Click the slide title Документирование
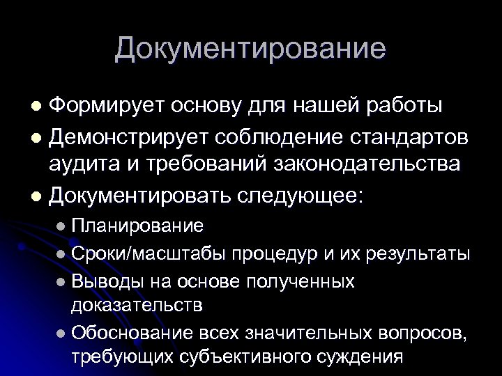coord(250,49)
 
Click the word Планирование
coord(137,226)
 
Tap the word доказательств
coord(137,304)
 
